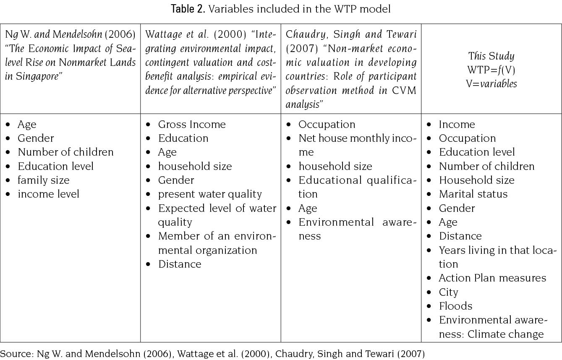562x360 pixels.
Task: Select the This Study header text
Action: pyautogui.click(x=491, y=56)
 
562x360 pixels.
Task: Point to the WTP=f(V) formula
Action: pyautogui.click(x=491, y=70)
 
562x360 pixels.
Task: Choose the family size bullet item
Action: pyautogui.click(x=43, y=180)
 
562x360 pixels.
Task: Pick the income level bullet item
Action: pyautogui.click(x=48, y=194)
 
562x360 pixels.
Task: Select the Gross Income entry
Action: pyautogui.click(x=192, y=125)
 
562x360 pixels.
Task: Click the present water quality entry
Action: pyautogui.click(x=210, y=194)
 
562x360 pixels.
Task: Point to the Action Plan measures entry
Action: pyautogui.click(x=492, y=278)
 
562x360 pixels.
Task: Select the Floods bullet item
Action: pyautogui.click(x=455, y=306)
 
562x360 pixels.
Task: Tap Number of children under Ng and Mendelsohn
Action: pyautogui.click(x=65, y=152)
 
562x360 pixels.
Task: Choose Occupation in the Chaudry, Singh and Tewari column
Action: pyautogui.click(x=327, y=125)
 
